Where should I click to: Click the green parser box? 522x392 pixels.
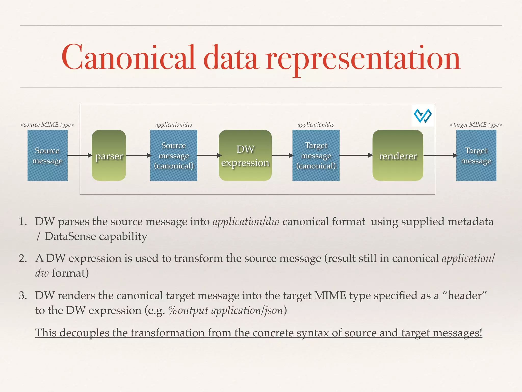click(x=109, y=155)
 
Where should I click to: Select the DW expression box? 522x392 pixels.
click(x=245, y=155)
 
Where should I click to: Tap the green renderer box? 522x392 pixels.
click(x=398, y=155)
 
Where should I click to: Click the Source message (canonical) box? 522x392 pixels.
click(x=174, y=155)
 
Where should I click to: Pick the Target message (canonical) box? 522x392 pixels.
click(x=316, y=155)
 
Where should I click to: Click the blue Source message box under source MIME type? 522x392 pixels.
click(x=47, y=155)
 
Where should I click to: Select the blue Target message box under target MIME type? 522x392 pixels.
click(x=476, y=155)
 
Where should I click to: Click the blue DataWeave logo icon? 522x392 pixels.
click(x=423, y=116)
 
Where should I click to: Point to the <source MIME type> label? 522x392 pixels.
click(x=47, y=125)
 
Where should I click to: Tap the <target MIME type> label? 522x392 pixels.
click(x=476, y=125)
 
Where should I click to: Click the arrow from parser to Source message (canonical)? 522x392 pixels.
click(x=138, y=155)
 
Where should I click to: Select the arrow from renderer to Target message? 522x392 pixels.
click(x=440, y=155)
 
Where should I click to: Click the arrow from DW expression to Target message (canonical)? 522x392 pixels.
click(x=282, y=155)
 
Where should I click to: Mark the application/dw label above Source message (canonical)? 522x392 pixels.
click(x=174, y=125)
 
